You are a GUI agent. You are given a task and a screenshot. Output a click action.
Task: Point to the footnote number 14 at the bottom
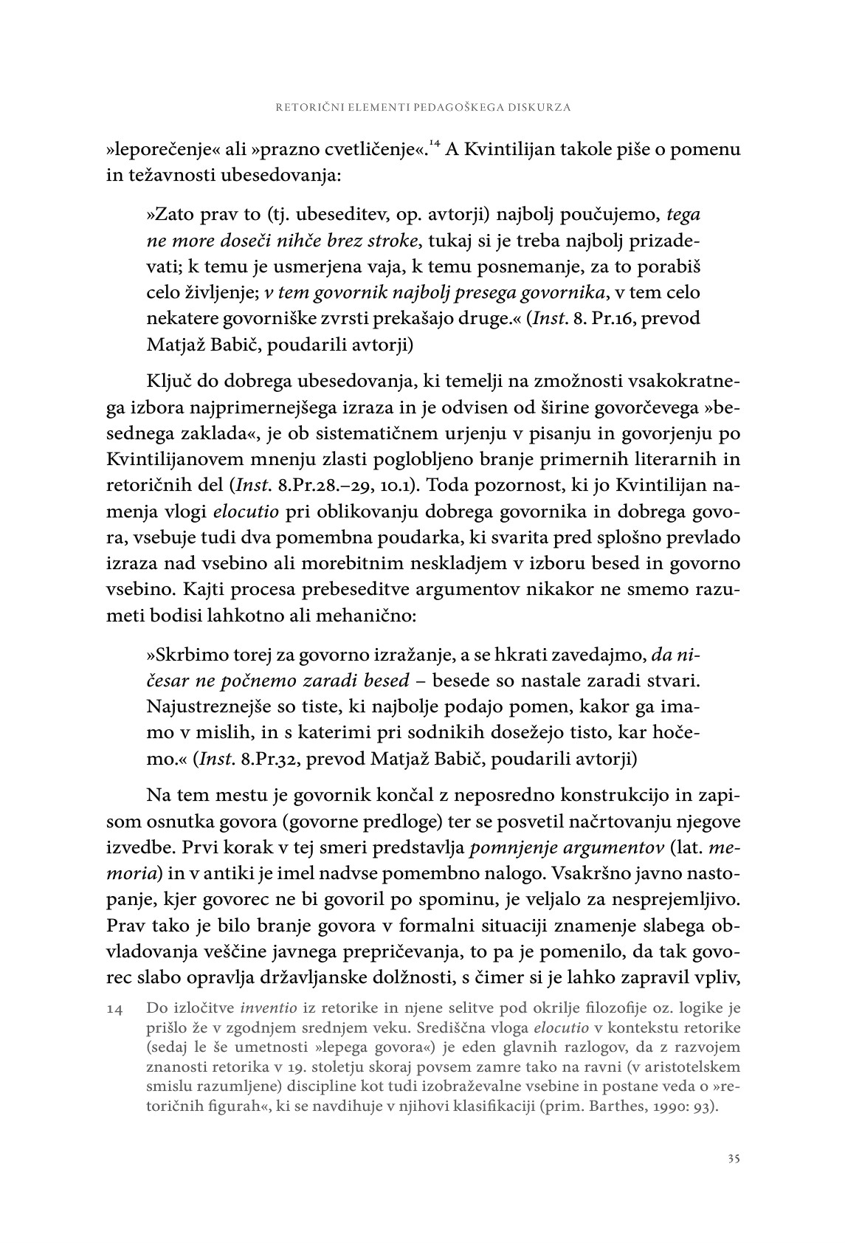(x=117, y=1008)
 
